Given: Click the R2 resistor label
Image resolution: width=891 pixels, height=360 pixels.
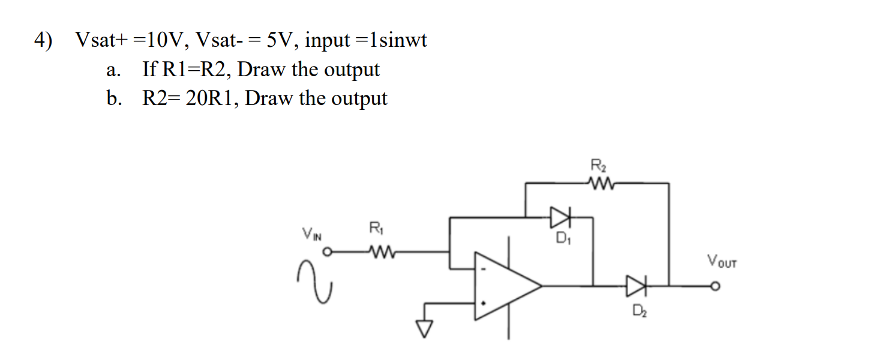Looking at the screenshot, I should [x=598, y=164].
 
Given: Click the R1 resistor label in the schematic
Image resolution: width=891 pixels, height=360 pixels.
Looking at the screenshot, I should [x=374, y=229].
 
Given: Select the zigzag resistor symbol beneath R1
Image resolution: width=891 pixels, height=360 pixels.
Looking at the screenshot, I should [x=377, y=252].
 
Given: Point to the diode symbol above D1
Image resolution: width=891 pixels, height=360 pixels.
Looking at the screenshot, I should [x=559, y=215].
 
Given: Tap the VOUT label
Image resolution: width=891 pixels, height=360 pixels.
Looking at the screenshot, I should [x=721, y=262].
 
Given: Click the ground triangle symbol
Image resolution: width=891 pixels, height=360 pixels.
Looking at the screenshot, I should [x=425, y=328].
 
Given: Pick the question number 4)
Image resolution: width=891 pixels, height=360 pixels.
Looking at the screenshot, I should [x=43, y=41].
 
